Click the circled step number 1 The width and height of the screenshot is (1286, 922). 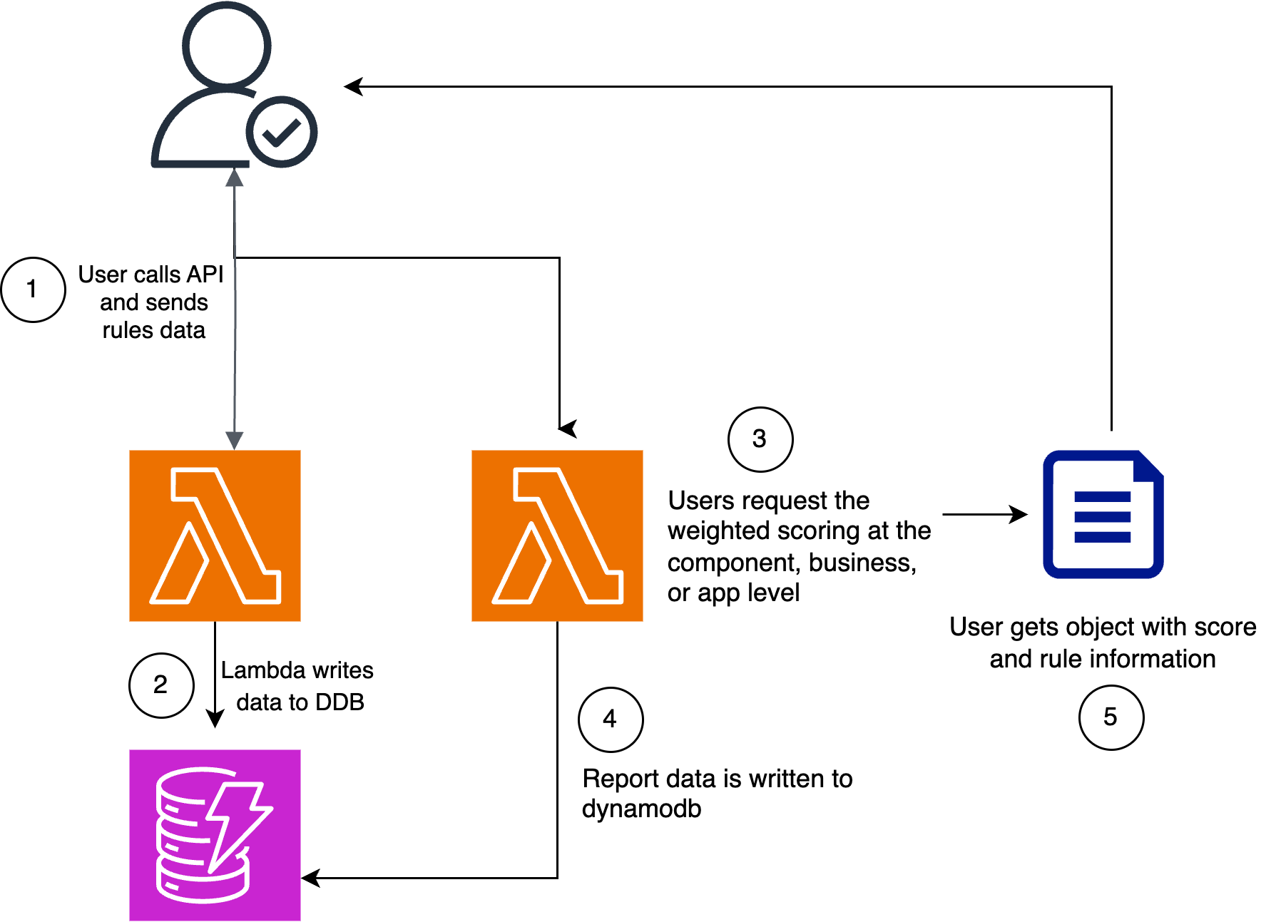click(x=34, y=290)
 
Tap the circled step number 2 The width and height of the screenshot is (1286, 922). click(x=161, y=685)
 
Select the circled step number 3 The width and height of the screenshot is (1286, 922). click(x=760, y=439)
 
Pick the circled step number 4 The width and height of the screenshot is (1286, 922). click(x=611, y=719)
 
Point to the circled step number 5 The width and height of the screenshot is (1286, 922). click(x=1111, y=717)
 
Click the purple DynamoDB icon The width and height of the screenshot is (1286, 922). click(x=215, y=835)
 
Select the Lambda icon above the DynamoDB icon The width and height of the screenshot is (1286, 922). click(x=215, y=536)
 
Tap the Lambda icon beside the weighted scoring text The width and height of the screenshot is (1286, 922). click(x=557, y=536)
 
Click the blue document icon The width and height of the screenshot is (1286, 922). click(x=1103, y=513)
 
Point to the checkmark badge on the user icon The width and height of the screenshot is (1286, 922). click(x=282, y=132)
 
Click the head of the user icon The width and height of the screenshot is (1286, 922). click(x=227, y=44)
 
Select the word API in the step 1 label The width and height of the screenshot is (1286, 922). click(x=205, y=275)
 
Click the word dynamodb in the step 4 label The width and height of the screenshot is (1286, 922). click(x=642, y=809)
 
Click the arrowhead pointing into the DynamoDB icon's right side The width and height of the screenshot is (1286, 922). click(x=310, y=878)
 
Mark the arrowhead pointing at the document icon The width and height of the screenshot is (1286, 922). click(x=1019, y=513)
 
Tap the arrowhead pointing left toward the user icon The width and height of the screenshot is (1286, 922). click(x=354, y=86)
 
